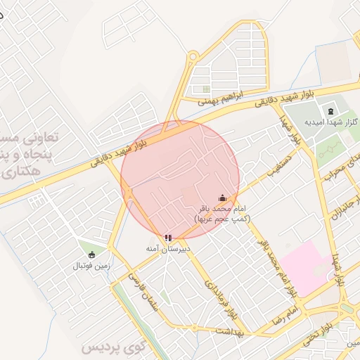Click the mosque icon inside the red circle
click(x=222, y=198)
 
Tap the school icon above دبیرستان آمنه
click(x=167, y=238)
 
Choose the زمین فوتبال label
click(x=91, y=266)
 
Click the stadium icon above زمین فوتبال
click(x=91, y=255)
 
